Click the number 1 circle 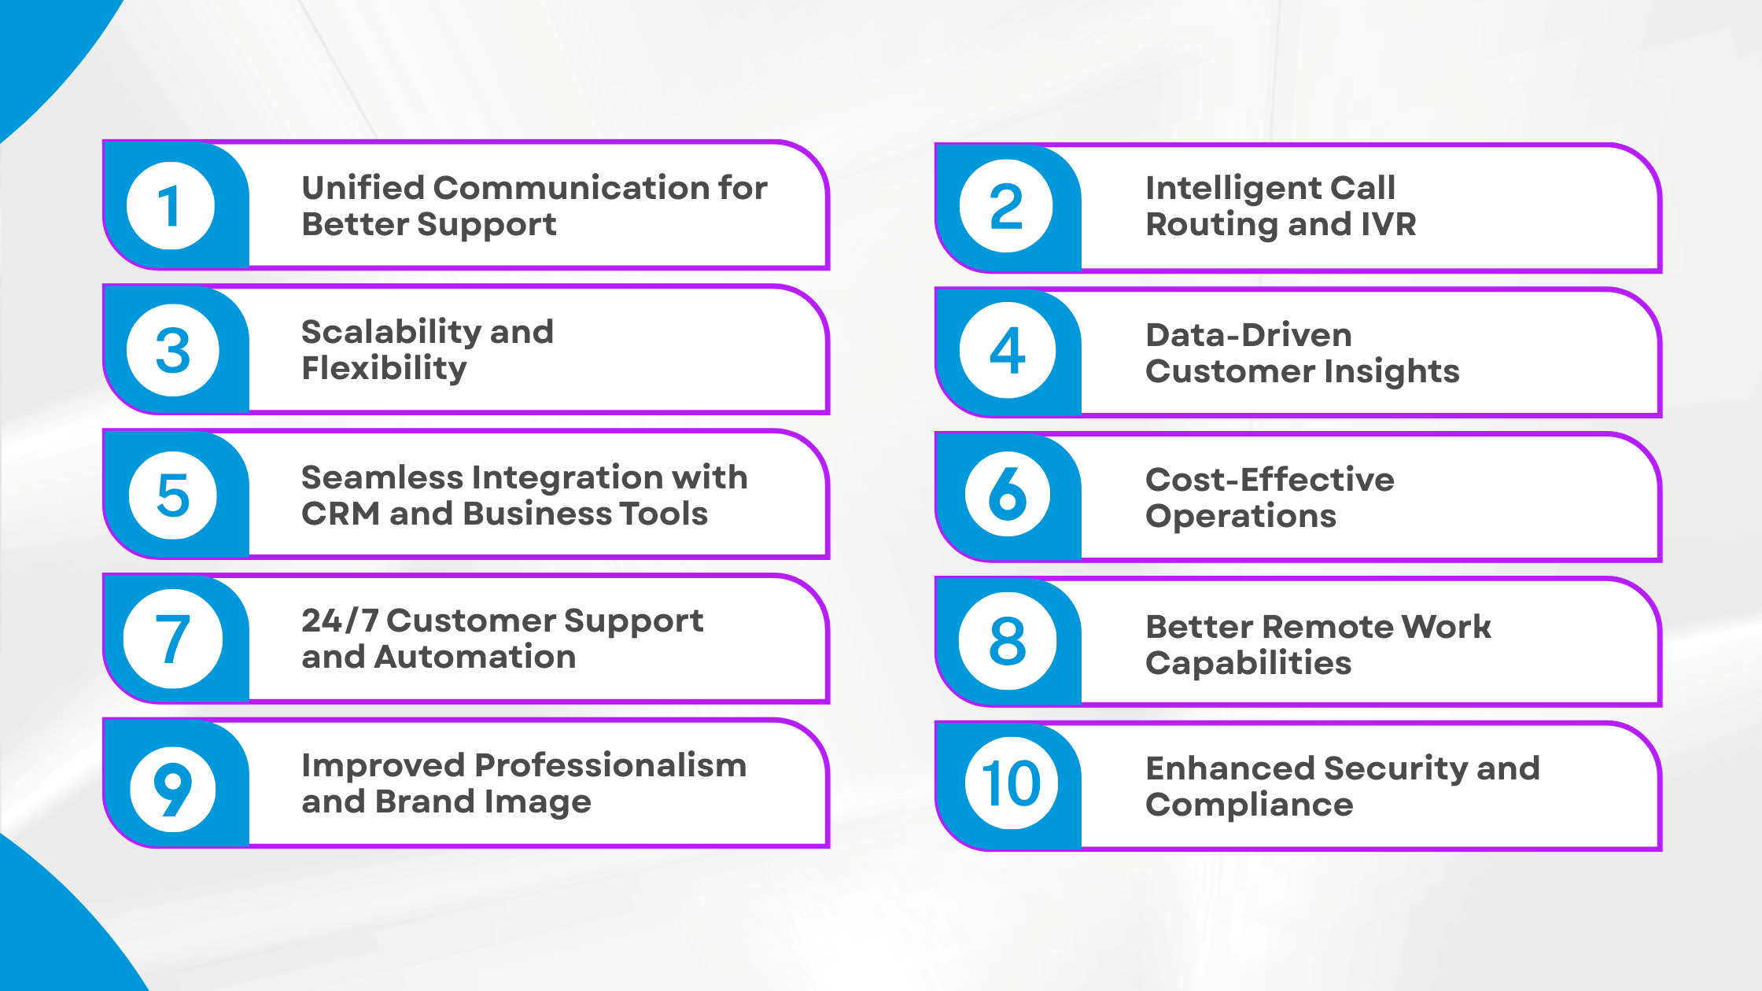click(x=171, y=206)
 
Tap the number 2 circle click(x=1006, y=206)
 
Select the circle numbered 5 click(x=173, y=495)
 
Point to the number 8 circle click(x=1007, y=640)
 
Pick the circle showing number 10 click(x=1011, y=783)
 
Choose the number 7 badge click(x=173, y=639)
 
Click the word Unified click(x=363, y=188)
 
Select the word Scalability click(x=388, y=333)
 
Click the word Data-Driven click(x=1248, y=335)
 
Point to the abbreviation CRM click(x=340, y=514)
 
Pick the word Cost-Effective click(x=1270, y=480)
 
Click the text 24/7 click(x=339, y=621)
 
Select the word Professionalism click(x=610, y=765)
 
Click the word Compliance click(x=1249, y=805)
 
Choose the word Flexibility click(x=384, y=368)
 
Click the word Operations click(x=1240, y=516)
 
